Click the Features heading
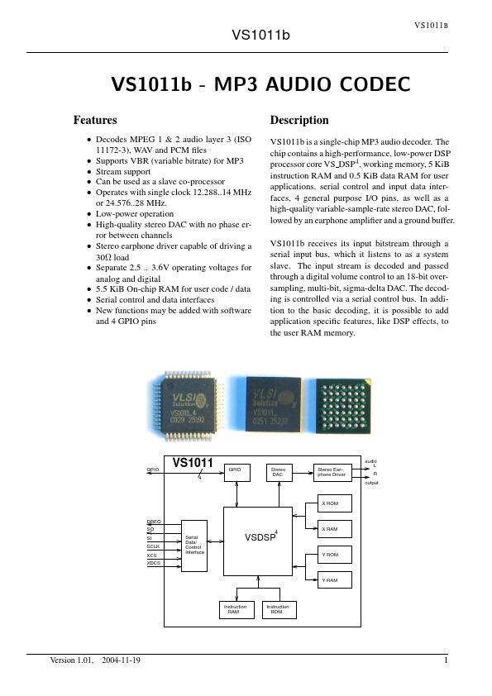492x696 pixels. point(95,120)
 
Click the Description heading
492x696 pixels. point(299,120)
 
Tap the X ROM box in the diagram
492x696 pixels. point(334,503)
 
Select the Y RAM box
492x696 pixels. point(334,580)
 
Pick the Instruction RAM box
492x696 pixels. point(235,610)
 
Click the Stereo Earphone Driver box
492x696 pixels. point(333,472)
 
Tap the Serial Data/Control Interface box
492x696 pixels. point(194,546)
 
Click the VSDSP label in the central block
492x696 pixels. point(260,538)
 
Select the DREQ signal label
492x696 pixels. point(154,522)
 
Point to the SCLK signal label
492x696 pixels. point(154,546)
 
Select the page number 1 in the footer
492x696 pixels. point(446,660)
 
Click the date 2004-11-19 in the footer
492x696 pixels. point(121,660)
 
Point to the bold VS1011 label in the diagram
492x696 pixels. point(193,463)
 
